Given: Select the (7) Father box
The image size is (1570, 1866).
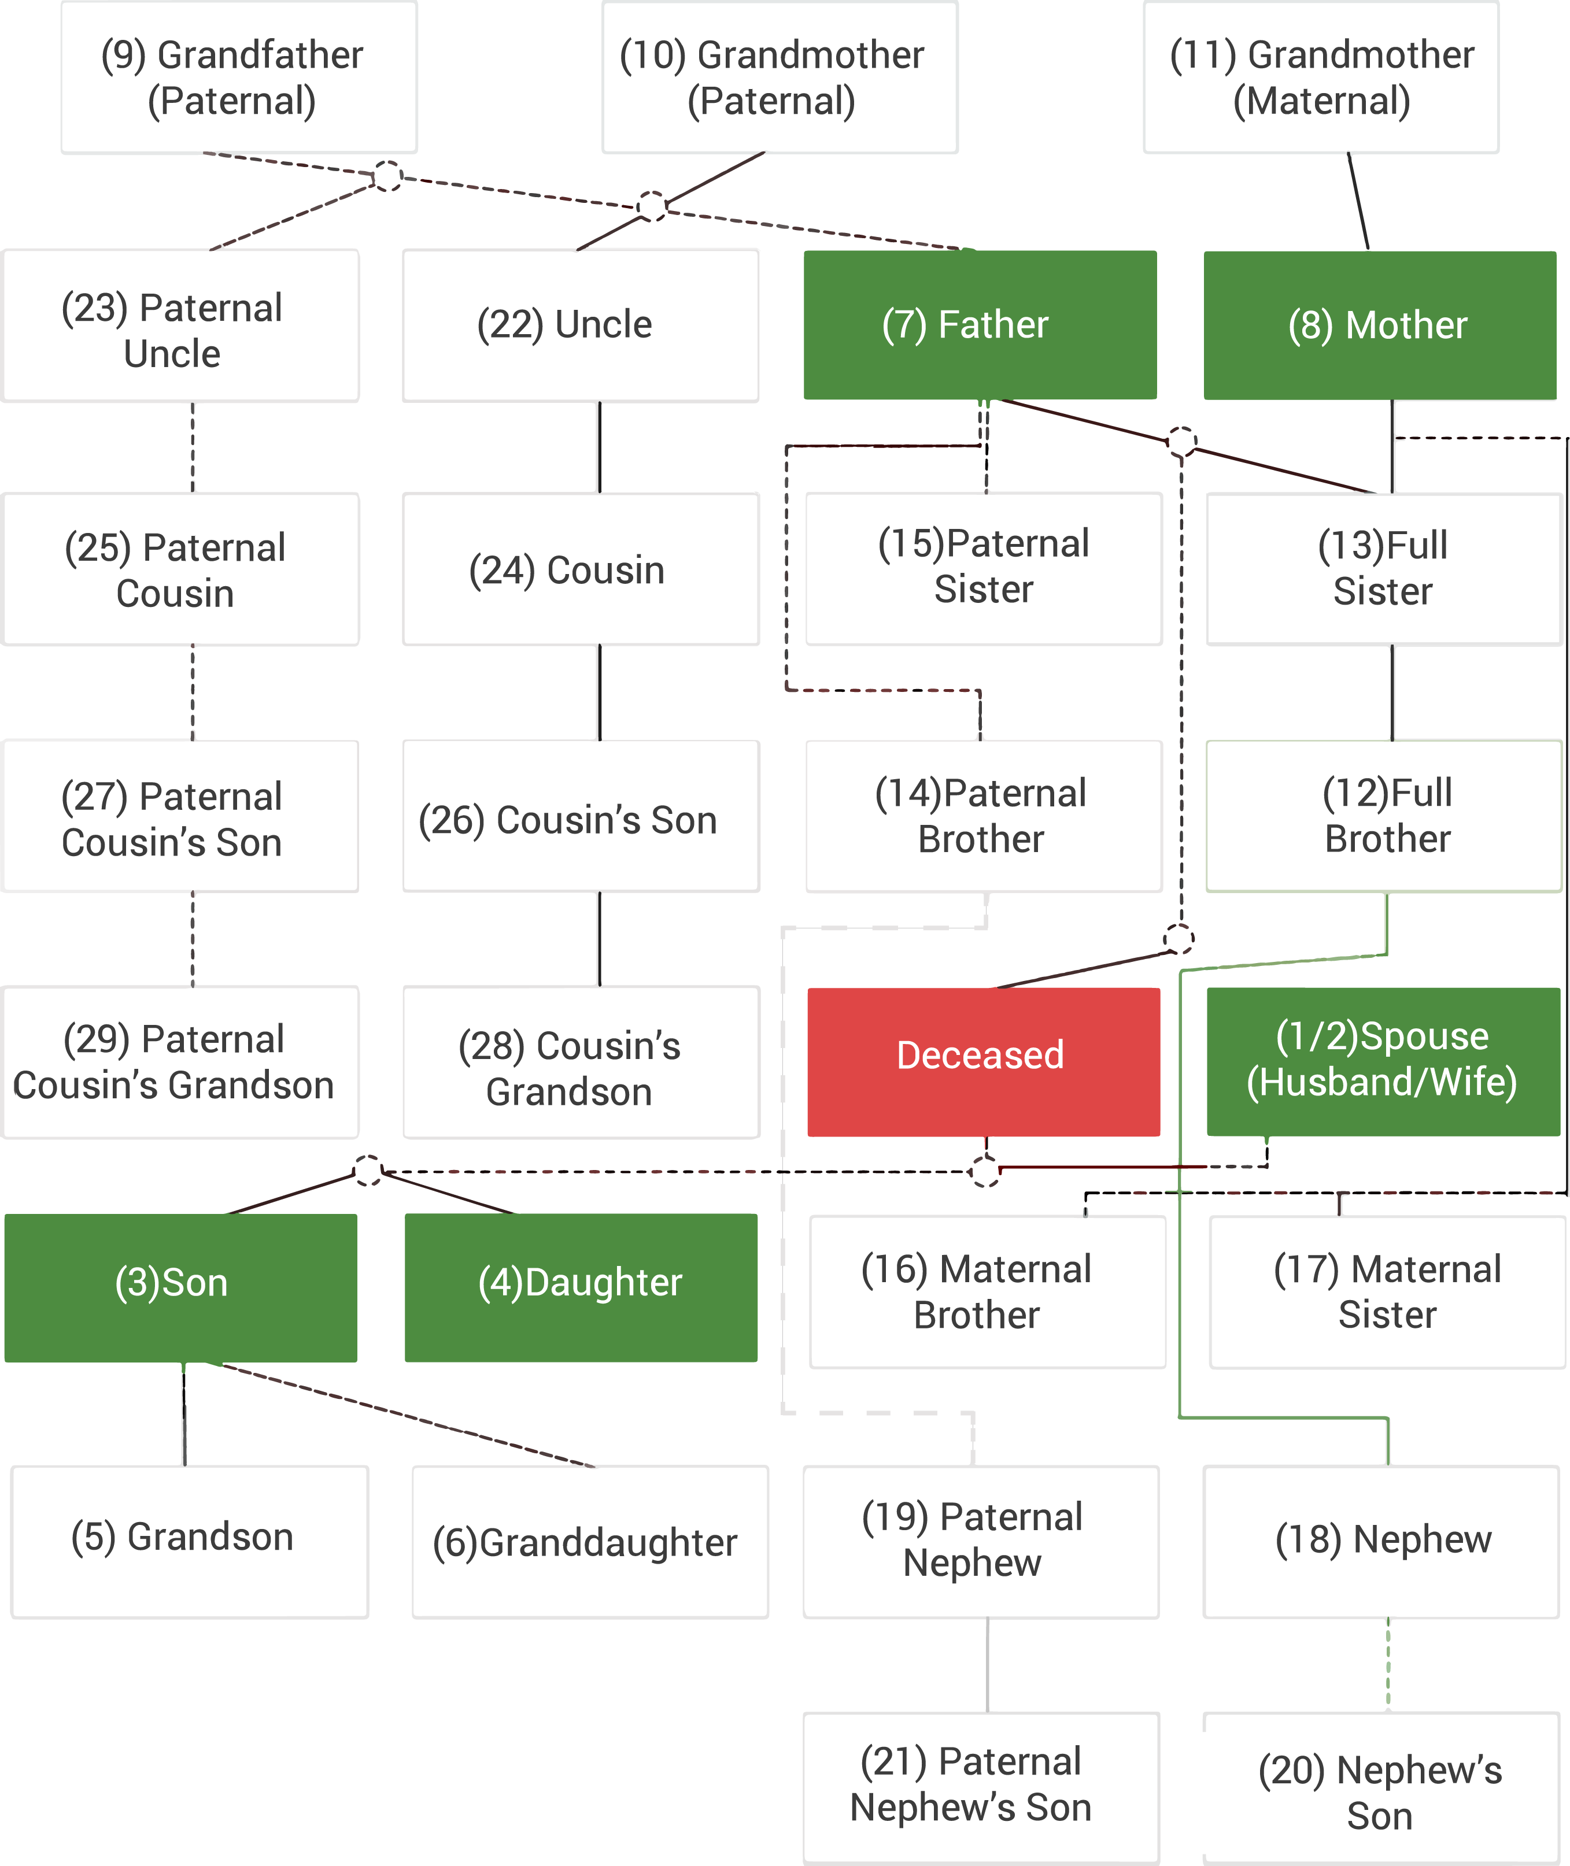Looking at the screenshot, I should point(979,325).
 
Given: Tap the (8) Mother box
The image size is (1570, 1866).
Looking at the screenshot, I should point(1379,325).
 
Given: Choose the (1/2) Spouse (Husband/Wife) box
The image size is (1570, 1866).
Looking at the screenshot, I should point(1382,1061).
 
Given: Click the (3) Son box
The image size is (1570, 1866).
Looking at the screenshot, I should point(180,1287).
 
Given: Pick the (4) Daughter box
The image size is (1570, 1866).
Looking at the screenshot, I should point(581,1287).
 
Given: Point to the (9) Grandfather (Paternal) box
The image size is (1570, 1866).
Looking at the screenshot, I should point(238,77).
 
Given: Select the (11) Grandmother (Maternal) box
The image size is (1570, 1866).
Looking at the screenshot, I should point(1321,77).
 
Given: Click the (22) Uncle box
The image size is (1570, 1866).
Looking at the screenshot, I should point(581,325).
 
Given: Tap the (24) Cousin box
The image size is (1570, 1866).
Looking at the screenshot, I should point(581,569).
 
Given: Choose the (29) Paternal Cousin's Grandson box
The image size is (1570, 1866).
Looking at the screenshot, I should point(180,1061).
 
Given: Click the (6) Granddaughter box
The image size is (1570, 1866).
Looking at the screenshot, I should point(589,1541).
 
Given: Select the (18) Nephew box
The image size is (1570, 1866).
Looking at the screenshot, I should point(1380,1541).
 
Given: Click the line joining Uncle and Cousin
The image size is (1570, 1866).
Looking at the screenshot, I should point(600,447).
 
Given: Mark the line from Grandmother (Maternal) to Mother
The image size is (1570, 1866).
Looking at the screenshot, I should point(1358,201).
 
